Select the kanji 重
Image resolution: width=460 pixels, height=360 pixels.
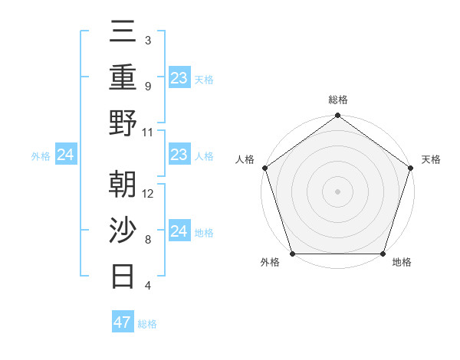click(x=124, y=77)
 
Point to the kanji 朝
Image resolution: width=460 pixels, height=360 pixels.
click(x=124, y=185)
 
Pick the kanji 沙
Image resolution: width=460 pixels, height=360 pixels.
click(x=124, y=230)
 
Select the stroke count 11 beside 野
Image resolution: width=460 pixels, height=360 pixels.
click(x=148, y=132)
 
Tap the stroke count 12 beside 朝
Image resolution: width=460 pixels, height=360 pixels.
click(x=148, y=194)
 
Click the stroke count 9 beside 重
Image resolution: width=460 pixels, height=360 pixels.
click(x=147, y=87)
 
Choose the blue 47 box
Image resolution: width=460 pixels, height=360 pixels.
click(x=123, y=322)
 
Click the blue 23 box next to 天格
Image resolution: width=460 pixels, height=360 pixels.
click(x=179, y=77)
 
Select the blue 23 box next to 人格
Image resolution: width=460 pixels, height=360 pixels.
click(x=179, y=155)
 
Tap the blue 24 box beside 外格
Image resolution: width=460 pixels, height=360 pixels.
click(x=66, y=155)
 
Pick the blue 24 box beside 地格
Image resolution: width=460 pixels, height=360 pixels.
click(x=179, y=231)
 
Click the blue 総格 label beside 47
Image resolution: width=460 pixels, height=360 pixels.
click(x=147, y=324)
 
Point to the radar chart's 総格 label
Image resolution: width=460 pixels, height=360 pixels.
click(x=337, y=100)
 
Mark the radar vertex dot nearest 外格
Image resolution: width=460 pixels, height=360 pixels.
click(x=293, y=254)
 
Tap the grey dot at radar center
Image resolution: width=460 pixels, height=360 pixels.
click(x=337, y=191)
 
